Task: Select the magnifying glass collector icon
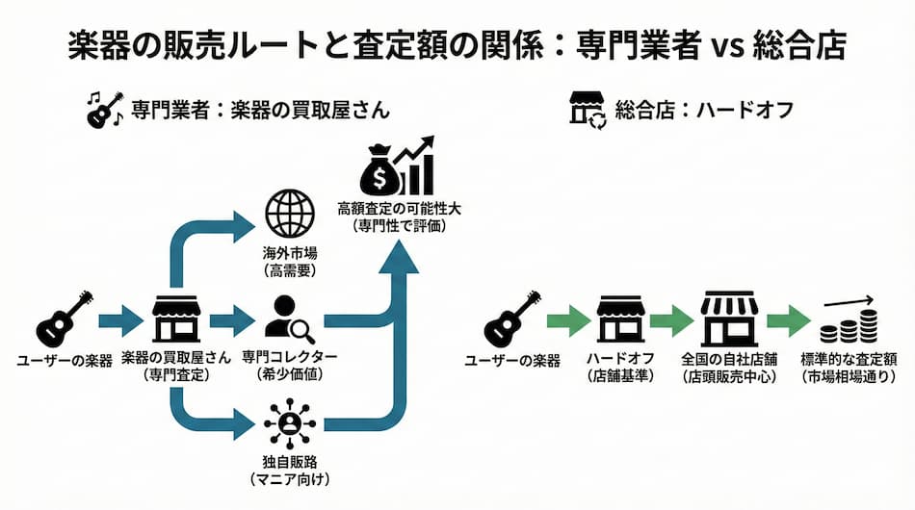pos(289,319)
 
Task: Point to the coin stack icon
pos(841,326)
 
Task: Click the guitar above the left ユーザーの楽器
pos(65,319)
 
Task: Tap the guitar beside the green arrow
pos(511,319)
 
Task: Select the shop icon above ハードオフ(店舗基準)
pos(620,319)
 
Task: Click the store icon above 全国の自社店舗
pos(729,319)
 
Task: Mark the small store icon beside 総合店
pos(588,110)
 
